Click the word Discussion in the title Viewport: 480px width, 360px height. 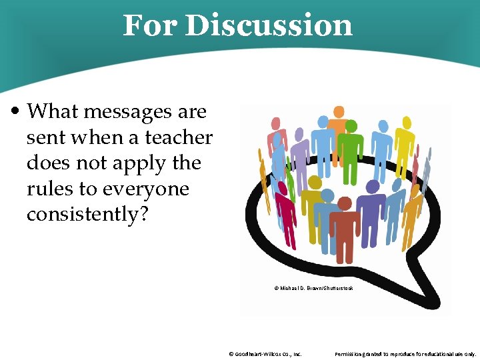pos(269,25)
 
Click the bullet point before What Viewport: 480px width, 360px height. pos(18,111)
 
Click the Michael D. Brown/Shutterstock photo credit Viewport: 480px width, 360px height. pos(313,288)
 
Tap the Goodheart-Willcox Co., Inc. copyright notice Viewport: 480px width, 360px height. pos(265,354)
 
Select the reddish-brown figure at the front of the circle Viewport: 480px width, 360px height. pos(344,220)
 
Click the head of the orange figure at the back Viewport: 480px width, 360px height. pos(339,111)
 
